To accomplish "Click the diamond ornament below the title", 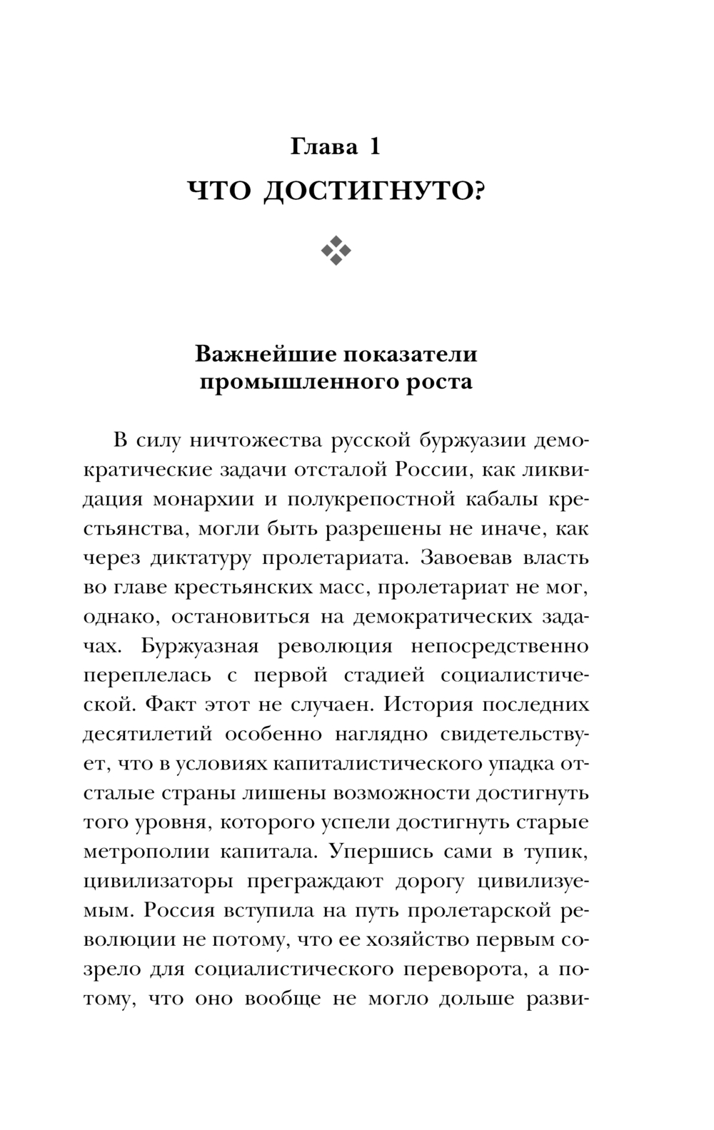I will click(x=336, y=250).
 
